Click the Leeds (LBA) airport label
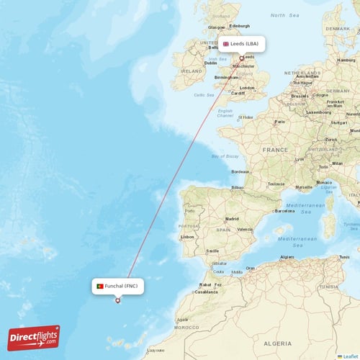click(x=242, y=44)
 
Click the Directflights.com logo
click(x=34, y=338)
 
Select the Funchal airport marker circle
click(x=118, y=300)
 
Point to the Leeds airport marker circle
click(x=242, y=58)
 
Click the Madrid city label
click(x=232, y=219)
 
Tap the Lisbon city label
click(x=187, y=236)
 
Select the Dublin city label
click(x=210, y=63)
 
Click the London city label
click(x=247, y=88)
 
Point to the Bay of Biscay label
click(x=225, y=156)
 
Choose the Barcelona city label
click(x=285, y=211)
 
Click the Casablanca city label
click(x=206, y=292)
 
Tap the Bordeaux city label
click(x=240, y=171)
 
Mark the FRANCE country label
click(x=275, y=150)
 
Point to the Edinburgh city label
click(x=239, y=26)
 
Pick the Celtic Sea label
click(x=204, y=94)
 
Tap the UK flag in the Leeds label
click(x=225, y=44)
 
